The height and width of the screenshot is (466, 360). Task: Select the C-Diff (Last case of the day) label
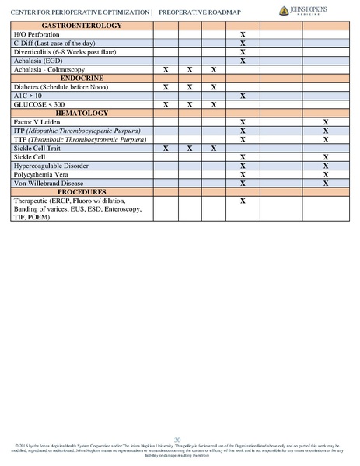pyautogui.click(x=51, y=44)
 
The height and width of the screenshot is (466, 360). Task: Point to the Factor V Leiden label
pyautogui.click(x=37, y=122)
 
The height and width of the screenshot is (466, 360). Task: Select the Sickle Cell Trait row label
pyautogui.click(x=39, y=148)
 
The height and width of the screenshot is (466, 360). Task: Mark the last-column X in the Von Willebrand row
pyautogui.click(x=325, y=183)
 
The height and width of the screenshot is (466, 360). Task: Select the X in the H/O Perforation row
pyautogui.click(x=243, y=36)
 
